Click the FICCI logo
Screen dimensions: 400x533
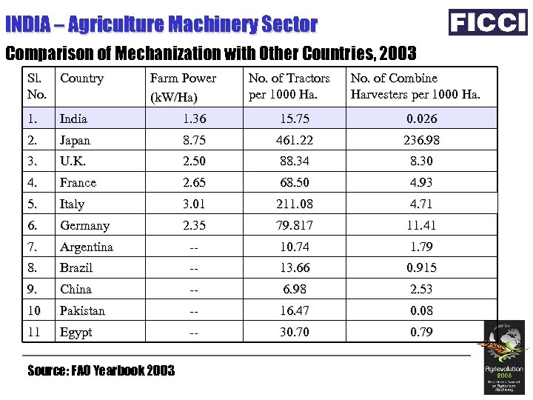point(488,22)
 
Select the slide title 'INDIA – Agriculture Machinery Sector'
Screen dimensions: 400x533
point(161,24)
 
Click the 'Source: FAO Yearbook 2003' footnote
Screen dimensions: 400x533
point(101,370)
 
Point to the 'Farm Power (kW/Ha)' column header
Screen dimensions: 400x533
point(183,87)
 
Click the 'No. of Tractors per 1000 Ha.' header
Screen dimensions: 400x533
point(289,87)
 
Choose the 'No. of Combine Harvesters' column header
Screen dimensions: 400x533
point(415,87)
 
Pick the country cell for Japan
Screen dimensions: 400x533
point(76,140)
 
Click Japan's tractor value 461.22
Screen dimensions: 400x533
point(295,140)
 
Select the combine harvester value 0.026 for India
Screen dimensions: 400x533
point(421,119)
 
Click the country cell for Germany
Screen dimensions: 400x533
point(84,226)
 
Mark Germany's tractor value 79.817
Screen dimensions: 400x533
point(295,226)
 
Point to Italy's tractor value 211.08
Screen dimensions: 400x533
point(295,204)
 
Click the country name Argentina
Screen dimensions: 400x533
point(87,247)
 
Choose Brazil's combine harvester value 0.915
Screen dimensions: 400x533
point(421,268)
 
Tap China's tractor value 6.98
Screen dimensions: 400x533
point(295,289)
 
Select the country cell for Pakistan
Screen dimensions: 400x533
point(82,310)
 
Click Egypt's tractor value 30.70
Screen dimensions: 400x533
point(295,332)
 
